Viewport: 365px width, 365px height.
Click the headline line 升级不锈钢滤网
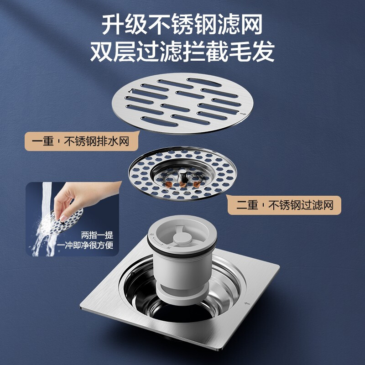click(x=182, y=24)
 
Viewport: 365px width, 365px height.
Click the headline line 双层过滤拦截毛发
click(x=182, y=52)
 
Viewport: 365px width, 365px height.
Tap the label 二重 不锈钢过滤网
click(x=284, y=205)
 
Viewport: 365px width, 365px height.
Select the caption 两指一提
click(x=97, y=235)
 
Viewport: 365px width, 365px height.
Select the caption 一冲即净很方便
click(x=85, y=245)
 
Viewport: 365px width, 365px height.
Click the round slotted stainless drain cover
click(x=182, y=103)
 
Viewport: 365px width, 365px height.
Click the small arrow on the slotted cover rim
click(x=243, y=114)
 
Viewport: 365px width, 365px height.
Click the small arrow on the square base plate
click(x=247, y=303)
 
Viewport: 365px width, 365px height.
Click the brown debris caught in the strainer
click(x=183, y=184)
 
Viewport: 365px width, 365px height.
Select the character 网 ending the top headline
click(x=252, y=24)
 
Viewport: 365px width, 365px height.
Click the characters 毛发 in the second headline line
click(x=252, y=52)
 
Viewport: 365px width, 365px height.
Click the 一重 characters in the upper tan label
click(x=43, y=141)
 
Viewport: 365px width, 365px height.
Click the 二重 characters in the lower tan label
click(x=247, y=205)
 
